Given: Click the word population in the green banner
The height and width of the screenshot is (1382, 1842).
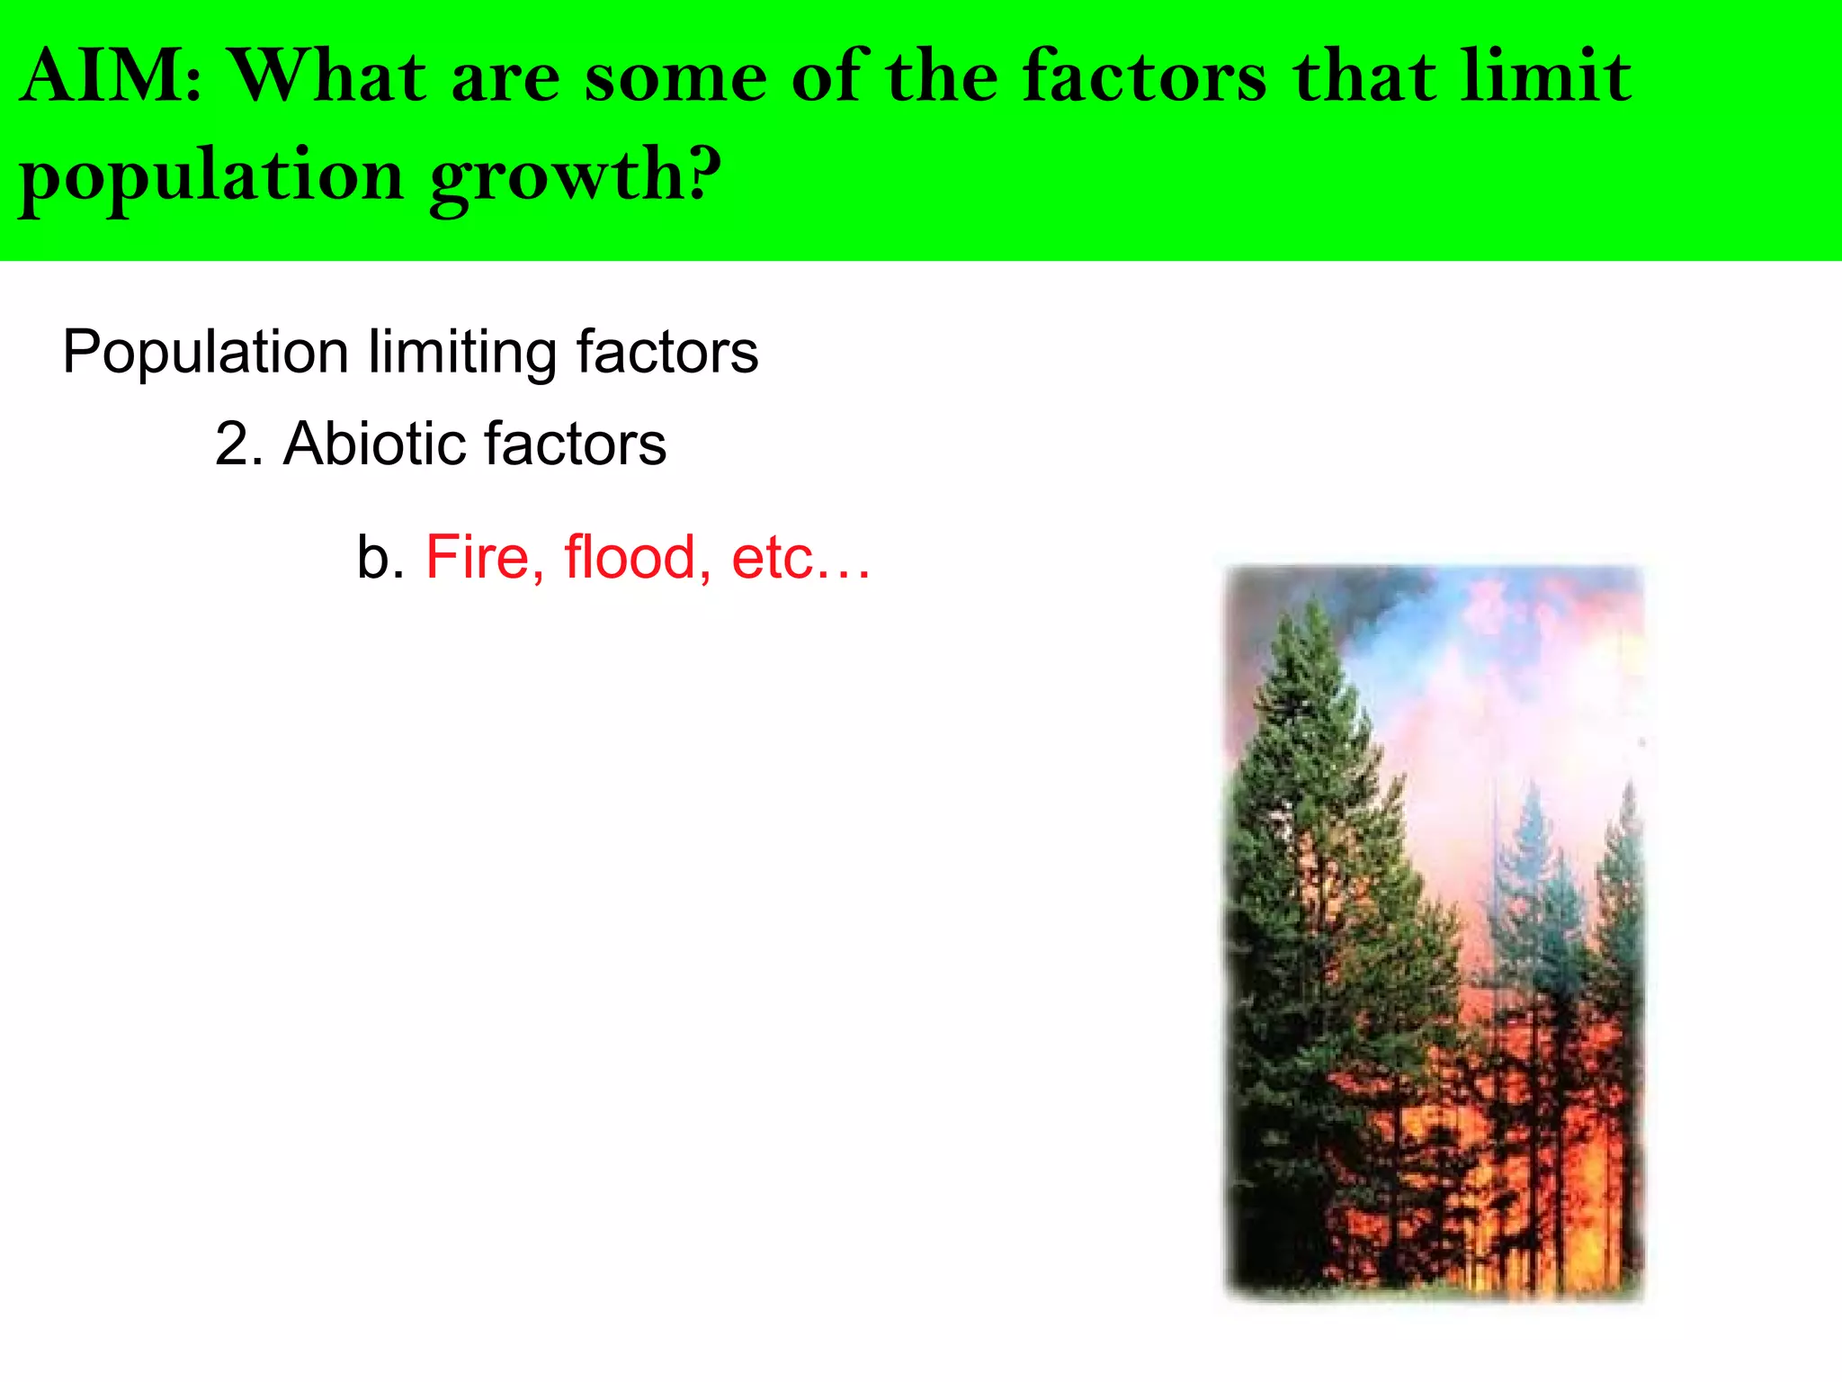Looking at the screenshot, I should point(211,176).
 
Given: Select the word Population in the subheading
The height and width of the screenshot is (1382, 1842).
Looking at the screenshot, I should point(205,352).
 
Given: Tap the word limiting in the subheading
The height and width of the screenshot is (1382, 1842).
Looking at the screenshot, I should point(462,352).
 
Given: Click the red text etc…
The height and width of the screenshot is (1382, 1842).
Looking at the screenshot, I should point(800,559).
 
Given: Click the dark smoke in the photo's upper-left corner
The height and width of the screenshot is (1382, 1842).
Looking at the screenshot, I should point(1277,589).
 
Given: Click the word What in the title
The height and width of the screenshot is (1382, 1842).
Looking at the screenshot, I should point(329,77).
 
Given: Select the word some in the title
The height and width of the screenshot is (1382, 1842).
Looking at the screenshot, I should point(675,77).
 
